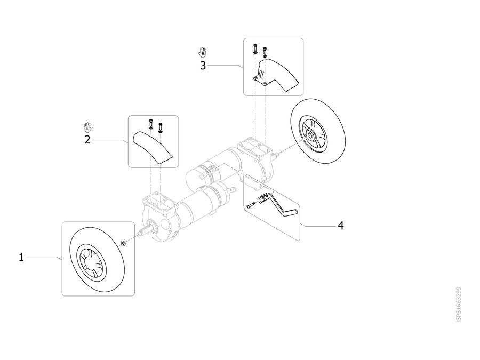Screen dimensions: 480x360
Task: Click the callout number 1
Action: (21, 257)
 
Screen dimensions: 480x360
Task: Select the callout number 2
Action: (87, 140)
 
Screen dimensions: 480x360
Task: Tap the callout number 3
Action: (203, 66)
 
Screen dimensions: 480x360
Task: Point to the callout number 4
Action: (341, 226)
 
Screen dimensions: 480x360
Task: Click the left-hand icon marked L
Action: (88, 127)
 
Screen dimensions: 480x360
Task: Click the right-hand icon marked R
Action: (202, 52)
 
